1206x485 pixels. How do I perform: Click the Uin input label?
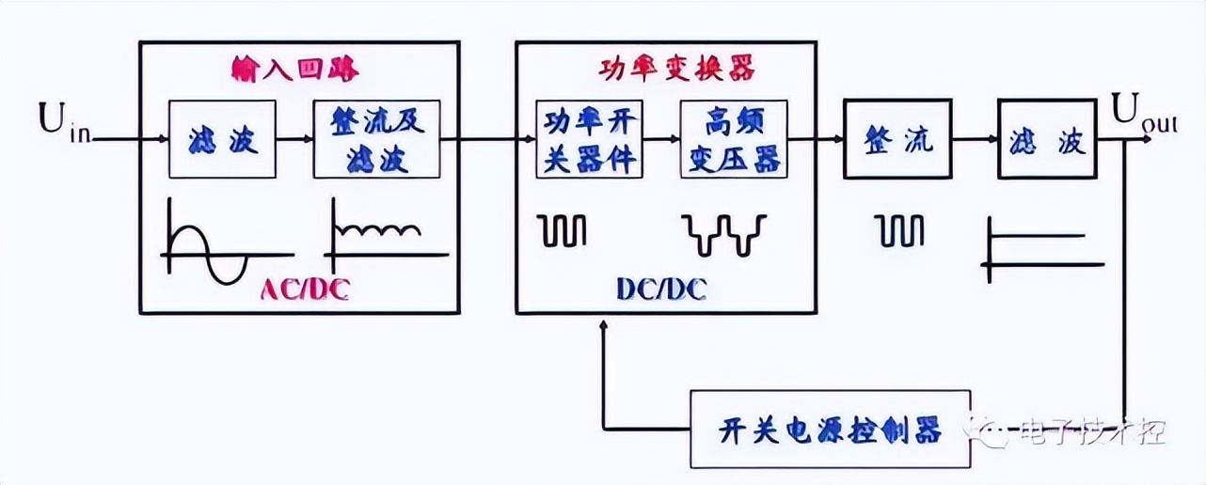64,123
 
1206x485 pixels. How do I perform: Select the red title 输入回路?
297,70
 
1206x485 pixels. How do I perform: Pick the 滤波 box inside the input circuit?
222,139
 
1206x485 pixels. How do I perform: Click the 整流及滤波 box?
376,139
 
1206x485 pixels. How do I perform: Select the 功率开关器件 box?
588,139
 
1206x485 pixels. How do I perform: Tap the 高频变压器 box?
732,139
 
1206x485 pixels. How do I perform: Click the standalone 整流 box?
898,139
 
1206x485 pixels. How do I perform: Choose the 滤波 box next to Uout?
1047,139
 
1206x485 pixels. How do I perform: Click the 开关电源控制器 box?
831,430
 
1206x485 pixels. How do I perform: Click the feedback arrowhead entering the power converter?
604,325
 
